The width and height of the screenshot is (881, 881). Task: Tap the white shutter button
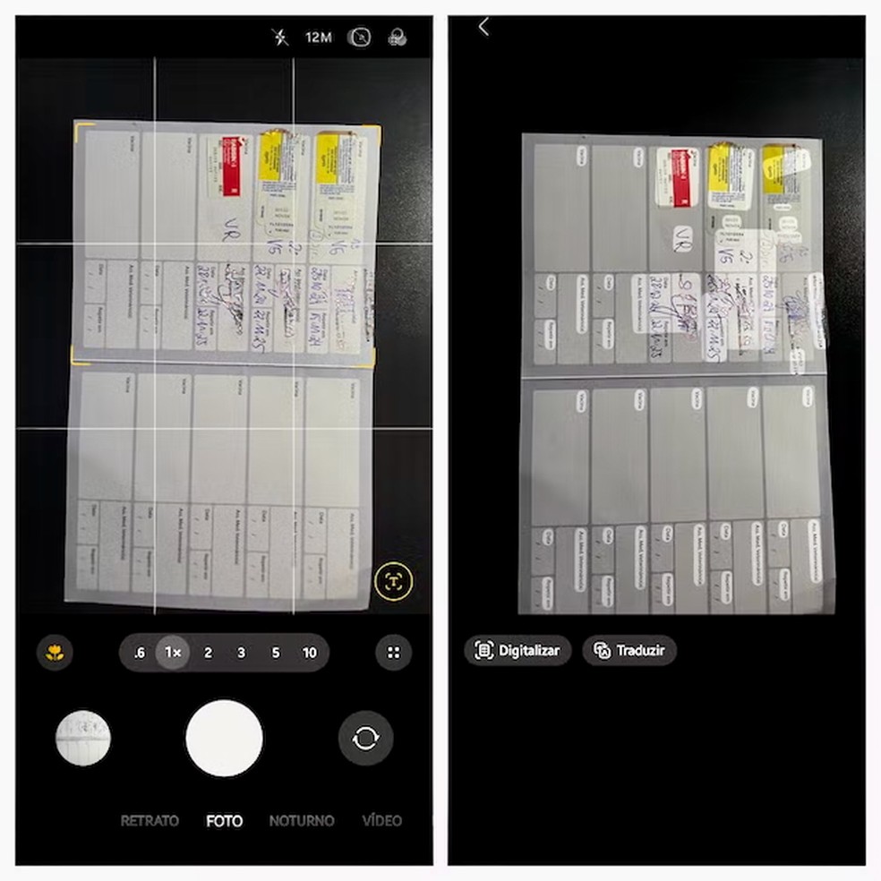point(224,739)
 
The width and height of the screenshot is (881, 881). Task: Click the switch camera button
point(365,739)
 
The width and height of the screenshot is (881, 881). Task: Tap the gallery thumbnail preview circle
point(83,739)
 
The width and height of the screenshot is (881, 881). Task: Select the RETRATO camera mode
point(150,820)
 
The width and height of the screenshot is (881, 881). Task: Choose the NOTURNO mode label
point(302,820)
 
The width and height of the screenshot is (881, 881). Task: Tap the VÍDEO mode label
point(381,820)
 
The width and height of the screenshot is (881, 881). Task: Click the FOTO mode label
point(224,820)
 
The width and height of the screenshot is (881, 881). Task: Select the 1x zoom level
point(174,653)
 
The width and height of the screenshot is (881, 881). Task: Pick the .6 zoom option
point(139,653)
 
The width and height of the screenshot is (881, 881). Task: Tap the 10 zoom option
point(309,653)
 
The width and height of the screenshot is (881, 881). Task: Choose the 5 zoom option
point(276,653)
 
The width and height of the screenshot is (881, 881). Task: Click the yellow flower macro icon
point(56,653)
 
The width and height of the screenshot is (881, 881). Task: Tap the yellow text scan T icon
point(393,582)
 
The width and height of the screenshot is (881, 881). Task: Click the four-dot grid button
point(393,653)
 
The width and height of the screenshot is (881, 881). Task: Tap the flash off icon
point(281,37)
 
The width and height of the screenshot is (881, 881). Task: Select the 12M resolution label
point(319,37)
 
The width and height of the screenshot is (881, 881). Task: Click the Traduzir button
point(629,651)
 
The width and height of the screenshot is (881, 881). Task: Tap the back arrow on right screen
point(483,27)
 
